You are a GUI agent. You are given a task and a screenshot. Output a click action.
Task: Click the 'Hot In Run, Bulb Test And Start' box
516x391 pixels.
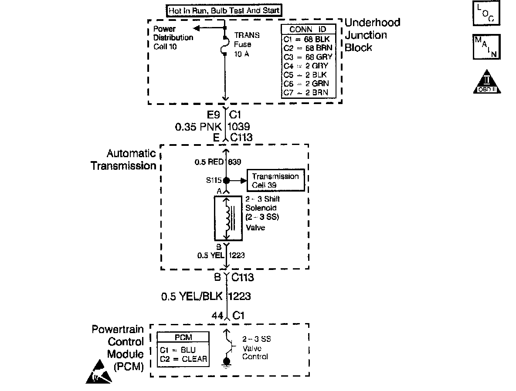click(x=224, y=10)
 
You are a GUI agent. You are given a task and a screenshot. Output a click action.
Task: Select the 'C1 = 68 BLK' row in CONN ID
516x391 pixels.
click(x=309, y=39)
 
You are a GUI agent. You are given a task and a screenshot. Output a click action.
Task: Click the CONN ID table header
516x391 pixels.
click(x=309, y=30)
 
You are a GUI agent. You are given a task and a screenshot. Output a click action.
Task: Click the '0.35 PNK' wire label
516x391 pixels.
click(x=199, y=127)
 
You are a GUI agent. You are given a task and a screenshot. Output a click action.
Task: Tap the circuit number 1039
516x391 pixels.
click(x=239, y=127)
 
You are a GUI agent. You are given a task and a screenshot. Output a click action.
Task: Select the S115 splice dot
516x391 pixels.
click(x=226, y=180)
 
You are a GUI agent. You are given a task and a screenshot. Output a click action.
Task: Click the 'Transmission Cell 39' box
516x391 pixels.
click(x=275, y=180)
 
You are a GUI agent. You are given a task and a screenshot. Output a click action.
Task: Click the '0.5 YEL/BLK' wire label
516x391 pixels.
click(x=192, y=297)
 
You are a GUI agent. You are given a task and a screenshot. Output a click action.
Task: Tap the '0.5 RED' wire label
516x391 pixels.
click(x=208, y=162)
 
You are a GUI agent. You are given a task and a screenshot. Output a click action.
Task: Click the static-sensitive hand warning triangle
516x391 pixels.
click(x=98, y=371)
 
